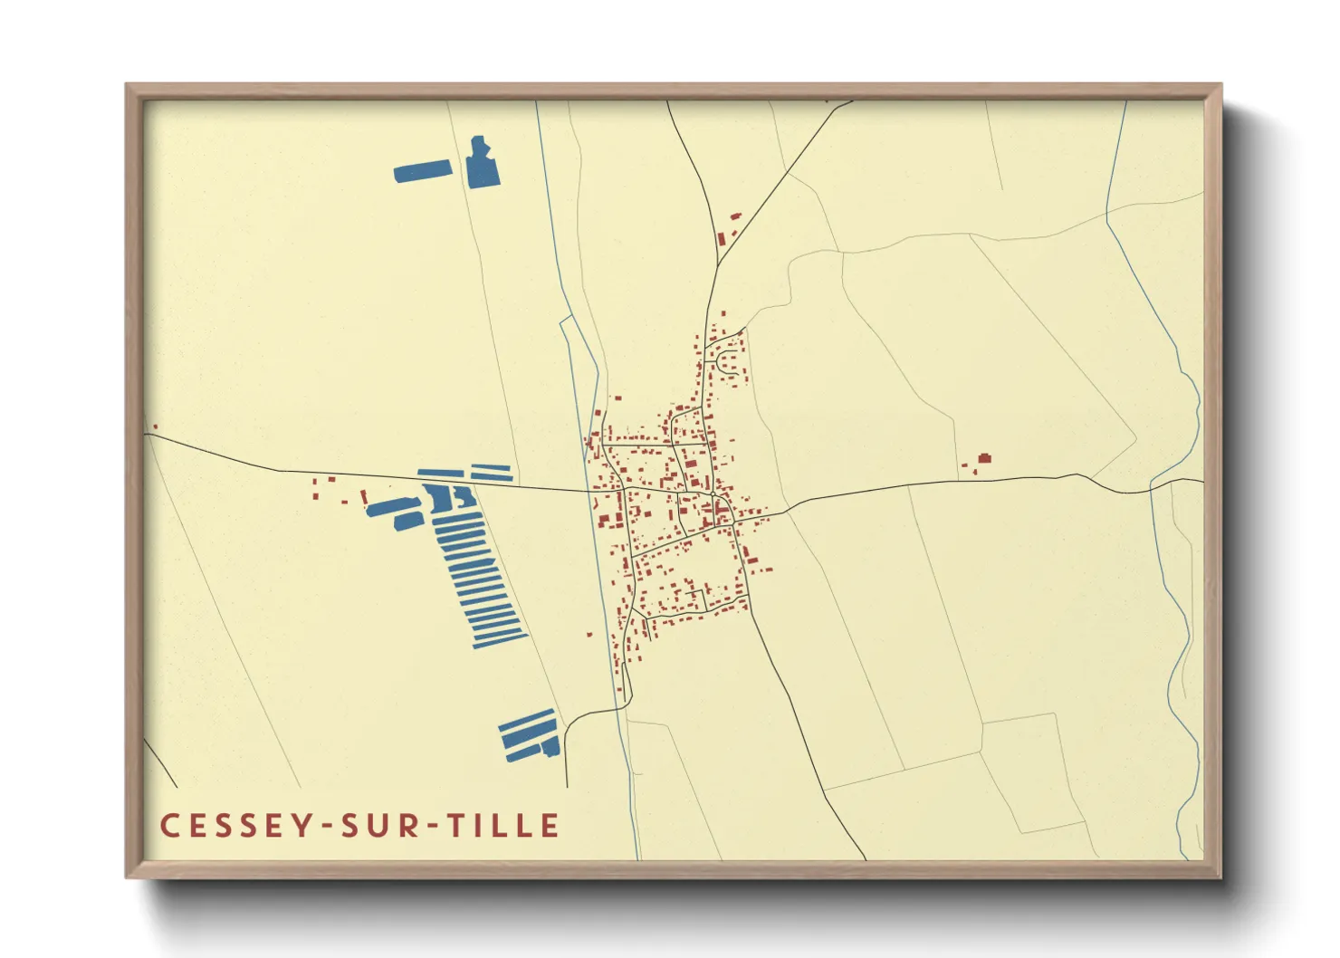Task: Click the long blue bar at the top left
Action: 423,170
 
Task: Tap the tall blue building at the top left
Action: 483,166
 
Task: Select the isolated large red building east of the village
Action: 984,458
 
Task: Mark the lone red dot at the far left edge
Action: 156,426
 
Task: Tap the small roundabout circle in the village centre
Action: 713,494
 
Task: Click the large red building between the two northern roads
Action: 722,239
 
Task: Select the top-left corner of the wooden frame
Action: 127,85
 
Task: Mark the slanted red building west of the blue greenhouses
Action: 364,497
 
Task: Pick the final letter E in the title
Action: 550,825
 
